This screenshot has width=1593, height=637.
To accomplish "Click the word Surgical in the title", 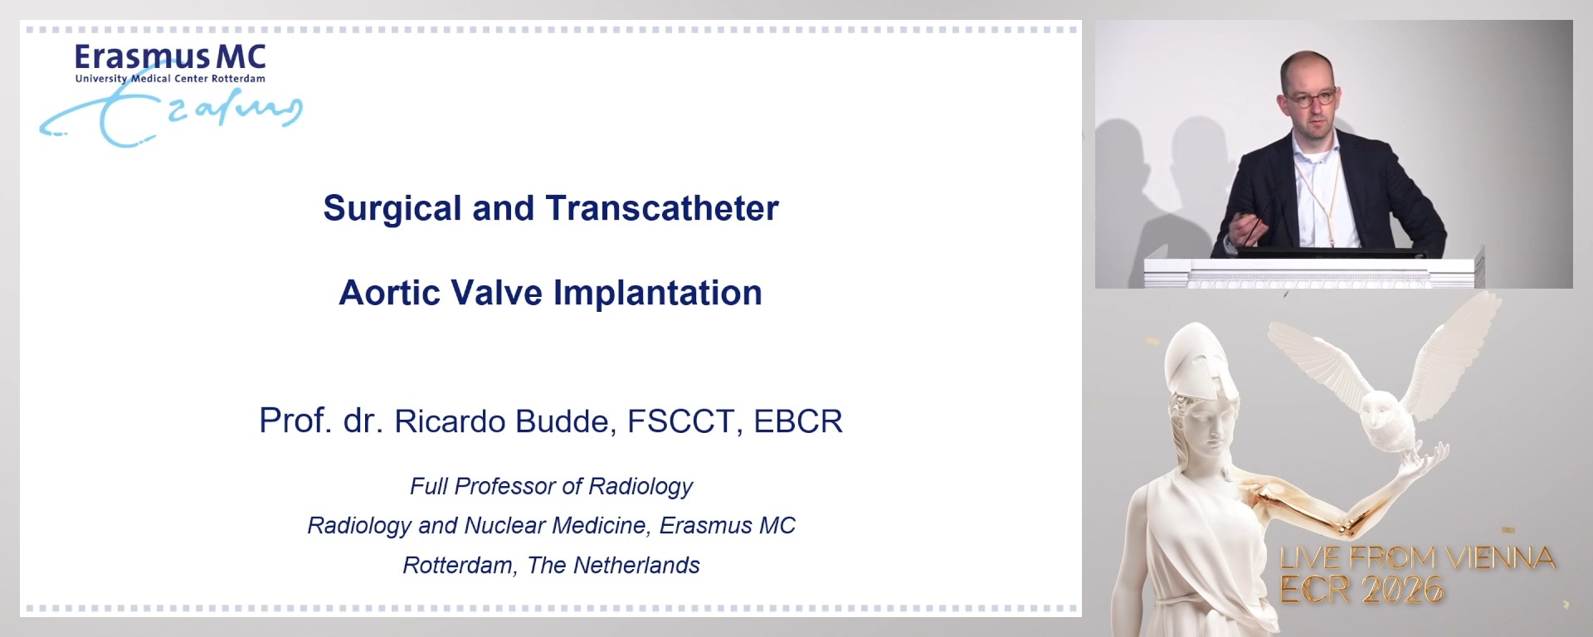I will (392, 209).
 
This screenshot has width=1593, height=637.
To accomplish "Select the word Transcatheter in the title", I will (662, 209).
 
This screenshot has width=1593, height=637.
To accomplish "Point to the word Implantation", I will (657, 294).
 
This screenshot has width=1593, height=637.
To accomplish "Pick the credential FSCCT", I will (681, 421).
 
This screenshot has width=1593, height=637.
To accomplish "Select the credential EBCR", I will (797, 421).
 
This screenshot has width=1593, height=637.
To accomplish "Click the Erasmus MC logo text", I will (170, 57).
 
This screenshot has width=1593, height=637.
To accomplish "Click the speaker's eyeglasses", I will (1311, 99).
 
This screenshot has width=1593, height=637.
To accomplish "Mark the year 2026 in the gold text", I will (1402, 591).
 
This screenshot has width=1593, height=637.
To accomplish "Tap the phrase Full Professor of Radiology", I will (551, 486).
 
